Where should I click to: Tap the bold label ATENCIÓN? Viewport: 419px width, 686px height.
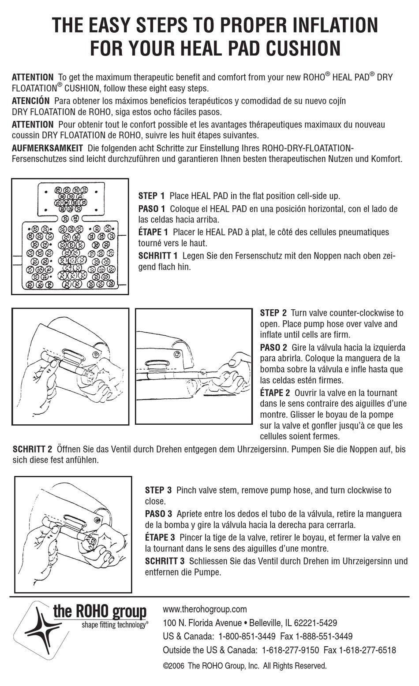click(x=30, y=100)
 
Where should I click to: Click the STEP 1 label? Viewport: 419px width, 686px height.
click(x=151, y=196)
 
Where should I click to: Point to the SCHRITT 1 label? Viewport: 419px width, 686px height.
click(x=158, y=256)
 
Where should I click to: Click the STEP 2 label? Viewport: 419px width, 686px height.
click(x=273, y=313)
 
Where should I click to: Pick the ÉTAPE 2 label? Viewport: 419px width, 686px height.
click(x=275, y=393)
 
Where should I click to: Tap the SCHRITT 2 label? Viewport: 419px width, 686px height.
click(x=32, y=449)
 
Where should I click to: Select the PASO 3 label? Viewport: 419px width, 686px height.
click(x=158, y=514)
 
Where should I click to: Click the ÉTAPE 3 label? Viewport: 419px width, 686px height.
click(x=159, y=538)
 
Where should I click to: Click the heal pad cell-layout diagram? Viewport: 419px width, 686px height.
click(x=70, y=237)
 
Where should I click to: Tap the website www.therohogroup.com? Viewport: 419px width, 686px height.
click(x=205, y=609)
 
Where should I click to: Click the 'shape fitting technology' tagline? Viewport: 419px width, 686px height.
click(x=114, y=625)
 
